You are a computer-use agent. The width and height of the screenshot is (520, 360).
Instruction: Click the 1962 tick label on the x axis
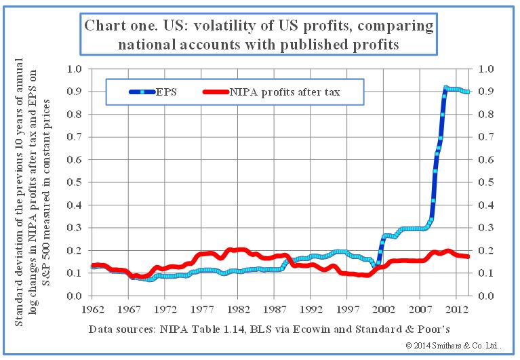(x=92, y=309)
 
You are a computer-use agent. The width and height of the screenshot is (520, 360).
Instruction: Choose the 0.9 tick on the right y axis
(x=486, y=92)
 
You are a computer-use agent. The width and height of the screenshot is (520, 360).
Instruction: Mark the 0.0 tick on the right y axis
(x=486, y=296)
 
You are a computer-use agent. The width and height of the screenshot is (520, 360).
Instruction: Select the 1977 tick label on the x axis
(x=201, y=309)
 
